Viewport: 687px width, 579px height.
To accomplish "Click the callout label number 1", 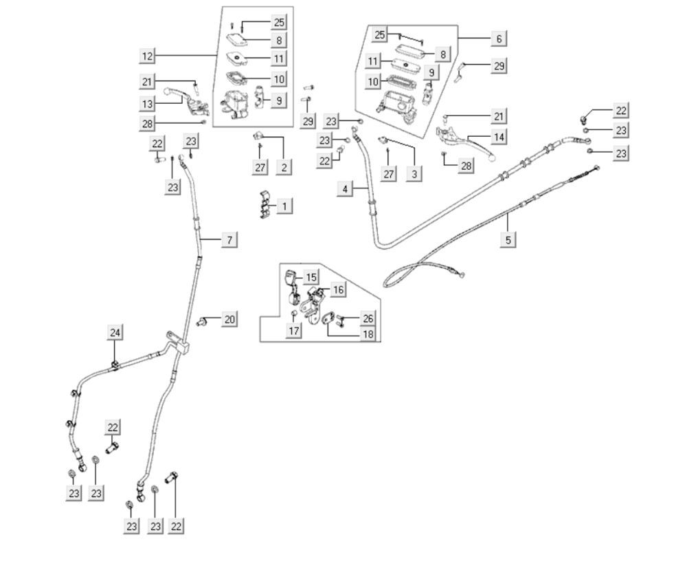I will click(285, 206).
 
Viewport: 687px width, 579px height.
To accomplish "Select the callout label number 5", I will click(508, 239).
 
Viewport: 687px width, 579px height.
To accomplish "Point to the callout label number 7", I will click(229, 239).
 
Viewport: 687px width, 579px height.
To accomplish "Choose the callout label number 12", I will click(148, 56).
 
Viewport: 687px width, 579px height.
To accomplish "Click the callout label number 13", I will click(148, 104).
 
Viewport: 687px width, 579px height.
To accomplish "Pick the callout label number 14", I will click(499, 137).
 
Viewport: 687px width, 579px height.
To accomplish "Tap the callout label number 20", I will click(229, 319).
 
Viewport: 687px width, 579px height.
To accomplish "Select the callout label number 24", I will click(115, 333).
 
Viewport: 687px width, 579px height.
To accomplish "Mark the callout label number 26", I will click(368, 318).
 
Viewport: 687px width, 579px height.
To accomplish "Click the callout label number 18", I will click(368, 334).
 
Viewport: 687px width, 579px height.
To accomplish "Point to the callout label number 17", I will click(294, 331).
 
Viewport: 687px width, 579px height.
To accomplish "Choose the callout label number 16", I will click(338, 289).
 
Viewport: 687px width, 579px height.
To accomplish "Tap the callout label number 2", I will click(284, 166).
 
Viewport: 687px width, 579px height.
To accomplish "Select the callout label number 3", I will click(414, 174).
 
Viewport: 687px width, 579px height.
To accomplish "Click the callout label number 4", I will click(346, 188).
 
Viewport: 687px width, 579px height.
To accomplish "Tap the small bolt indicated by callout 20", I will click(203, 322).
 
